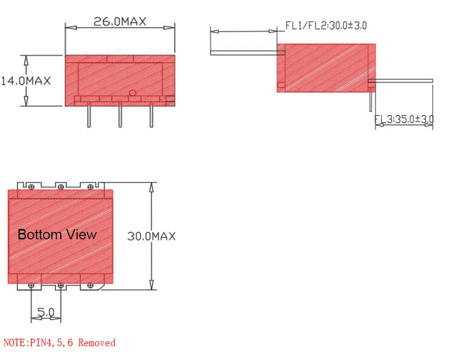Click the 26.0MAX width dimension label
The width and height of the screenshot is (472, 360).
pyautogui.click(x=120, y=22)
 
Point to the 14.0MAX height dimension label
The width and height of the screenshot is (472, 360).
pyautogui.click(x=26, y=81)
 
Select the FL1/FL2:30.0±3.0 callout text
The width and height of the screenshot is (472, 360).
pyautogui.click(x=326, y=25)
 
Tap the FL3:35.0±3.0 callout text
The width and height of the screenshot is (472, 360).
pyautogui.click(x=404, y=119)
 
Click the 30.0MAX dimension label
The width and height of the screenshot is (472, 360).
pyautogui.click(x=151, y=236)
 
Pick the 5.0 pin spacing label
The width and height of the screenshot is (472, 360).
pyautogui.click(x=46, y=313)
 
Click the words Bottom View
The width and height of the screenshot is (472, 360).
pyautogui.click(x=57, y=234)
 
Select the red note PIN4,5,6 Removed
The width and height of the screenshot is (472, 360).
pyautogui.click(x=59, y=343)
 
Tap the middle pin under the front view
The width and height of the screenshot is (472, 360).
pyautogui.click(x=120, y=117)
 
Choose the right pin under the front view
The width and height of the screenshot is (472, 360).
pyautogui.click(x=151, y=117)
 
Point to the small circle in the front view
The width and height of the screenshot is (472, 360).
pyautogui.click(x=132, y=93)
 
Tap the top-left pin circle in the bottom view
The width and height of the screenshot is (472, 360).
pyautogui.click(x=31, y=186)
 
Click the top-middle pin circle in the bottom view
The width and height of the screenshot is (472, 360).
pyautogui.click(x=60, y=186)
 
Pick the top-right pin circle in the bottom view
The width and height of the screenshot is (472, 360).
pyautogui.click(x=90, y=186)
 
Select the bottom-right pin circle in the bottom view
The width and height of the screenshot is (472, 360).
pyautogui.click(x=90, y=286)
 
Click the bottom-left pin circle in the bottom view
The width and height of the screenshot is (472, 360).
pyautogui.click(x=31, y=286)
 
